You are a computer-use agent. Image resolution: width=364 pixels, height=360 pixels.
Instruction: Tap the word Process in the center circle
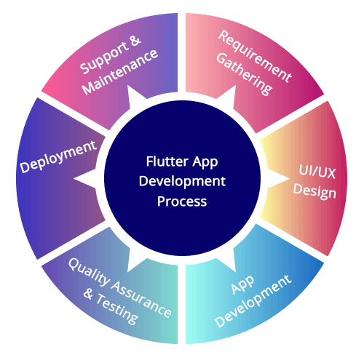pyautogui.click(x=182, y=201)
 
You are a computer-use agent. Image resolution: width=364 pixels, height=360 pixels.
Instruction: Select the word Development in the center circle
pyautogui.click(x=182, y=182)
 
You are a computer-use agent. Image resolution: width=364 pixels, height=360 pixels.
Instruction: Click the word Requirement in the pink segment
pyautogui.click(x=255, y=56)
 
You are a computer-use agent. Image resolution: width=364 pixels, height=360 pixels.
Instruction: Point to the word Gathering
pyautogui.click(x=244, y=74)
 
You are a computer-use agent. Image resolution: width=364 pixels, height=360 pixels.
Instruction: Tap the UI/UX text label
pyautogui.click(x=317, y=172)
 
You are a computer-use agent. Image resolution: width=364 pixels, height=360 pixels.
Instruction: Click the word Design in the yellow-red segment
pyautogui.click(x=314, y=191)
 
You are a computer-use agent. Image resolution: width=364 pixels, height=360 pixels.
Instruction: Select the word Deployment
pyautogui.click(x=58, y=156)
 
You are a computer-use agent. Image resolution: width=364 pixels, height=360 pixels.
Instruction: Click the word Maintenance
pyautogui.click(x=120, y=72)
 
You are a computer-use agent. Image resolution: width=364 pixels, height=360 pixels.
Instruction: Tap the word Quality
pyautogui.click(x=90, y=272)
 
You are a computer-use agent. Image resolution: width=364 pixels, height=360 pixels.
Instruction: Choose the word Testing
pyautogui.click(x=117, y=308)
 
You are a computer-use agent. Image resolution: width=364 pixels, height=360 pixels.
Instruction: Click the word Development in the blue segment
pyautogui.click(x=253, y=301)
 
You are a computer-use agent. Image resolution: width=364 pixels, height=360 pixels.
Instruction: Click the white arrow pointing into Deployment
pyautogui.click(x=85, y=179)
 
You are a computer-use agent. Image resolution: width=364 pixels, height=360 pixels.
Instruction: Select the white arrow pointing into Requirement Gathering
pyautogui.click(x=228, y=96)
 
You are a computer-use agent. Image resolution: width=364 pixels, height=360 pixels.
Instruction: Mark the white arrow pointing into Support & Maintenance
pyautogui.click(x=136, y=96)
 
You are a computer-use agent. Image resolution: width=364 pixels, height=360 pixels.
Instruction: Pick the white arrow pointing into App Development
pyautogui.click(x=228, y=262)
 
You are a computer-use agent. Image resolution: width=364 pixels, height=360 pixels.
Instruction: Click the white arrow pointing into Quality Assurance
pyautogui.click(x=136, y=262)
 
